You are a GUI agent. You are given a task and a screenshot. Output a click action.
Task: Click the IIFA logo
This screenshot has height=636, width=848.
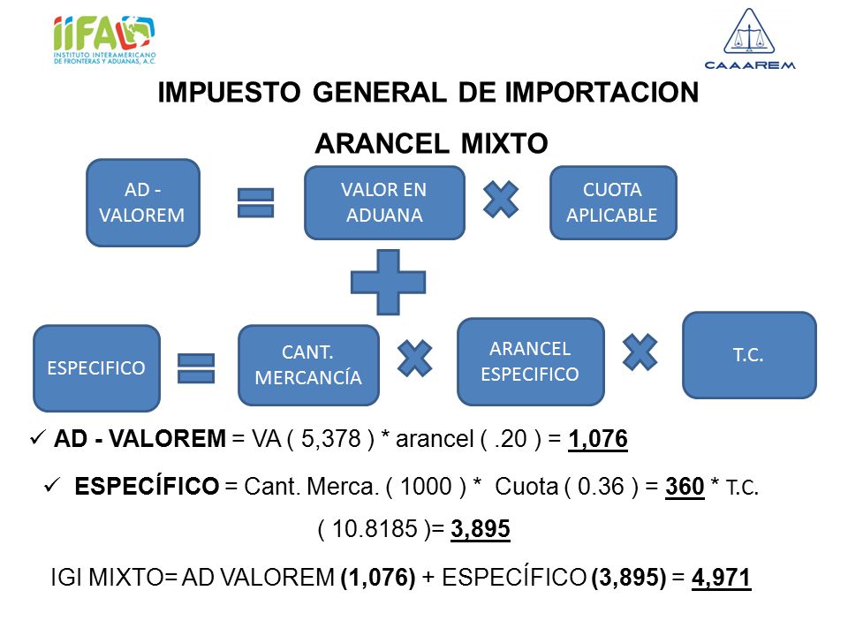click(x=104, y=40)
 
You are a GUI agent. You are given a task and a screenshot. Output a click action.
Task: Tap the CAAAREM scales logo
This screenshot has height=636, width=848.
click(x=750, y=38)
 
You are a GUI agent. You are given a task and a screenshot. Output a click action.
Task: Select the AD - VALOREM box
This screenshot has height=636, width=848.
click(x=143, y=203)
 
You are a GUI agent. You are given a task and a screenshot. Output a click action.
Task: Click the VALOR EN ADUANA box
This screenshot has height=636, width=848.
click(x=384, y=203)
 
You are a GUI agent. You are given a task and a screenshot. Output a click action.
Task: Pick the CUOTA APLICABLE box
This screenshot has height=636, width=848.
click(x=613, y=203)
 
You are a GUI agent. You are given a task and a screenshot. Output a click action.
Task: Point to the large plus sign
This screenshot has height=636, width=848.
click(x=389, y=283)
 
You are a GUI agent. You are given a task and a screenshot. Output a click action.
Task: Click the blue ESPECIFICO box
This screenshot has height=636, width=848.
click(x=96, y=368)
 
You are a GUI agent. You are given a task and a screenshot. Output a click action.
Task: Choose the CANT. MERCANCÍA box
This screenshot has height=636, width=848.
click(x=308, y=365)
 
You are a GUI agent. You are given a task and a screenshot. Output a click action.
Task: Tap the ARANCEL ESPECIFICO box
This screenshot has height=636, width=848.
click(x=531, y=361)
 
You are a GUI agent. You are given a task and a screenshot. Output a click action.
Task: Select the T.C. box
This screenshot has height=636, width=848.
click(x=749, y=355)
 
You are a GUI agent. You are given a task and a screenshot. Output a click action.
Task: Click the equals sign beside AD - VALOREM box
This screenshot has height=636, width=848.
click(x=256, y=203)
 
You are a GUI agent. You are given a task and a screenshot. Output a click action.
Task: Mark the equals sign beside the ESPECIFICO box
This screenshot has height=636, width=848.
click(x=196, y=368)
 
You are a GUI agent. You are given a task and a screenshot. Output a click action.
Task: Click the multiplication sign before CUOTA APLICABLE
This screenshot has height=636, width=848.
click(x=501, y=200)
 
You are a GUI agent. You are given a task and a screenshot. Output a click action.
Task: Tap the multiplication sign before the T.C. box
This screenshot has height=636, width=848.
click(x=640, y=352)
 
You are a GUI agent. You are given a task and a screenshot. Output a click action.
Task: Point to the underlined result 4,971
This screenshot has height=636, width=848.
click(x=722, y=578)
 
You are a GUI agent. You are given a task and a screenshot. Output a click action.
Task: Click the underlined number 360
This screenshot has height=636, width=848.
click(x=685, y=486)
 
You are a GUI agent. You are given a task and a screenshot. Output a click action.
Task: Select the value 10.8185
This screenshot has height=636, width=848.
click(x=375, y=528)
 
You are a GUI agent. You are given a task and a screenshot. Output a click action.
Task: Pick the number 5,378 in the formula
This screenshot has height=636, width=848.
click(x=330, y=439)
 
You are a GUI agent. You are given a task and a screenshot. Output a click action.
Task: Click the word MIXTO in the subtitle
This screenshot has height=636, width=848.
click(x=504, y=143)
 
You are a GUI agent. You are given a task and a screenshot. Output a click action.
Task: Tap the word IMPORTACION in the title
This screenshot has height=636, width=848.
click(x=602, y=92)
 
